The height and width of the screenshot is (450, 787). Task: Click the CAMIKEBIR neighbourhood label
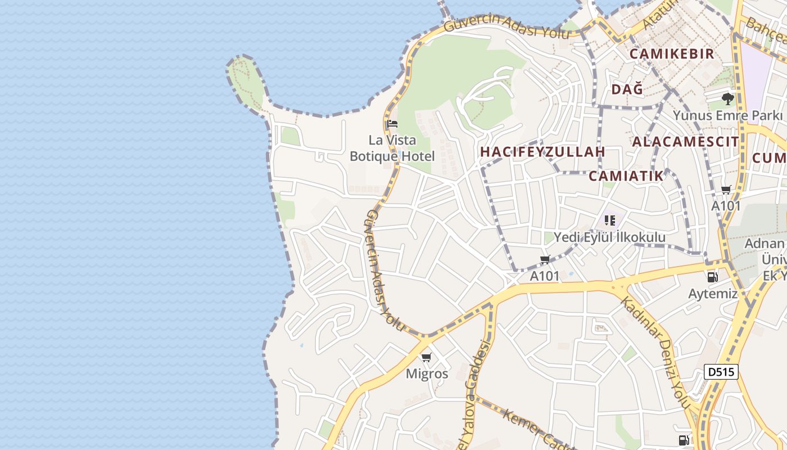[672, 54]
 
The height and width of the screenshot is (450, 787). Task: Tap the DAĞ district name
[627, 89]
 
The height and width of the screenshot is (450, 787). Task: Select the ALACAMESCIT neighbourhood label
[685, 142]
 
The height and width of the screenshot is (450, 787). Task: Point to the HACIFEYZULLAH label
[542, 152]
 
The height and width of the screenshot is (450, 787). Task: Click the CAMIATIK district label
[626, 176]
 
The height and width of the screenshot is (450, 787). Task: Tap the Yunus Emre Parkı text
[727, 116]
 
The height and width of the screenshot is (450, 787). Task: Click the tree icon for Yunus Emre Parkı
[728, 100]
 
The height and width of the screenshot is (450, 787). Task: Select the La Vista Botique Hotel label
[392, 148]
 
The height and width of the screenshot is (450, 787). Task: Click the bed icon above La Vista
[392, 124]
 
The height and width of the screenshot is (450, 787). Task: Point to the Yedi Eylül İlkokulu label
[610, 237]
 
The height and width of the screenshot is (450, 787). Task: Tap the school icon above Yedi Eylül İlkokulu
[610, 220]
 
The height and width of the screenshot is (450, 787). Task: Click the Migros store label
[427, 373]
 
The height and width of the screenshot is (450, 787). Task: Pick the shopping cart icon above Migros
[427, 357]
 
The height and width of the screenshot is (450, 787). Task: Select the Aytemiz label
[713, 294]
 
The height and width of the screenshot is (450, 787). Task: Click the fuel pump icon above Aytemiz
[712, 277]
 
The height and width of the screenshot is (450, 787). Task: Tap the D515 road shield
[721, 372]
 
